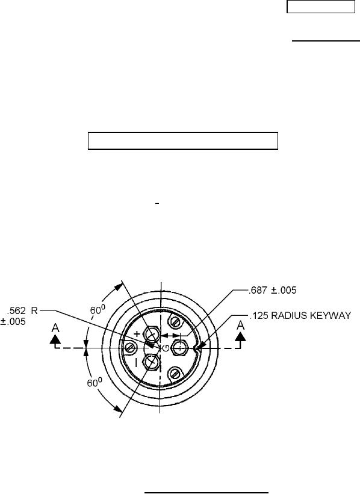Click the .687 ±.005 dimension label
tap(273, 290)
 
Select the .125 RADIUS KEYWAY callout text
tap(300, 315)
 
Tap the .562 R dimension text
tap(22, 311)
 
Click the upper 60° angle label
tap(98, 310)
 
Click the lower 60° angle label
tap(95, 383)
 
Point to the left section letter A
tap(55, 328)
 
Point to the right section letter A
tap(241, 325)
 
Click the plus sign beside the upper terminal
tap(137, 333)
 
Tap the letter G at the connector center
tap(166, 348)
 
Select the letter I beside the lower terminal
tap(136, 363)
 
